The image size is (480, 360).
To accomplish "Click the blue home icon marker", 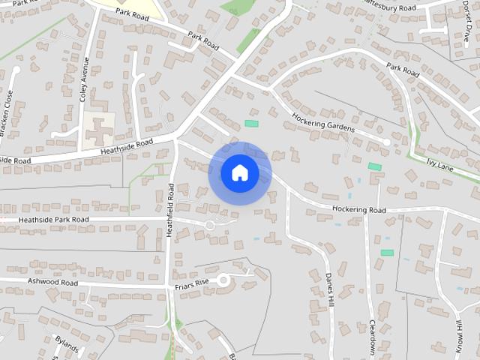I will (x=239, y=173).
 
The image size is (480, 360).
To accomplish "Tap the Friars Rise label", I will (x=187, y=284).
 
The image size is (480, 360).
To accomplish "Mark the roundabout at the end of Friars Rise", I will (x=223, y=280).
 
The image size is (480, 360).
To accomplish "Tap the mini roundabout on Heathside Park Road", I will (x=210, y=224).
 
